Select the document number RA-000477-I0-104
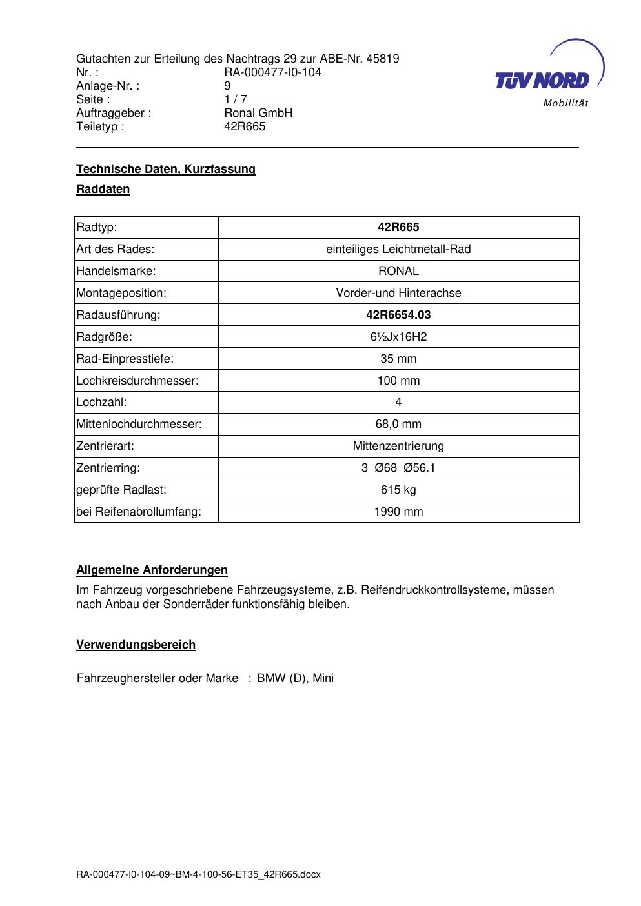click(x=272, y=72)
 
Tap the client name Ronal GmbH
click(x=258, y=113)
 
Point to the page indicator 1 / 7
click(x=236, y=99)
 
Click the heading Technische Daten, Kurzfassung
click(x=166, y=169)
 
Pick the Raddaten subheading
click(x=103, y=189)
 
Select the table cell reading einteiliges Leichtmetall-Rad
click(x=398, y=249)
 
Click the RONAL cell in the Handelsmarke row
click(x=398, y=271)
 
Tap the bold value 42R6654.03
click(x=398, y=315)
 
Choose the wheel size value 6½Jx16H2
click(x=398, y=337)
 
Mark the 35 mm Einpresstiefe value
click(x=398, y=359)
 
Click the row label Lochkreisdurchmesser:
click(x=137, y=381)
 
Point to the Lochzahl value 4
click(x=398, y=402)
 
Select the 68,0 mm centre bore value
click(x=398, y=424)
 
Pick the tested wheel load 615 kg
click(x=398, y=490)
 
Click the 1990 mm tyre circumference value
click(x=398, y=512)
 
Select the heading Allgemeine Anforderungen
click(x=152, y=570)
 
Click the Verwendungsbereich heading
click(x=136, y=645)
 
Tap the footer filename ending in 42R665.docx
click(x=198, y=875)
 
